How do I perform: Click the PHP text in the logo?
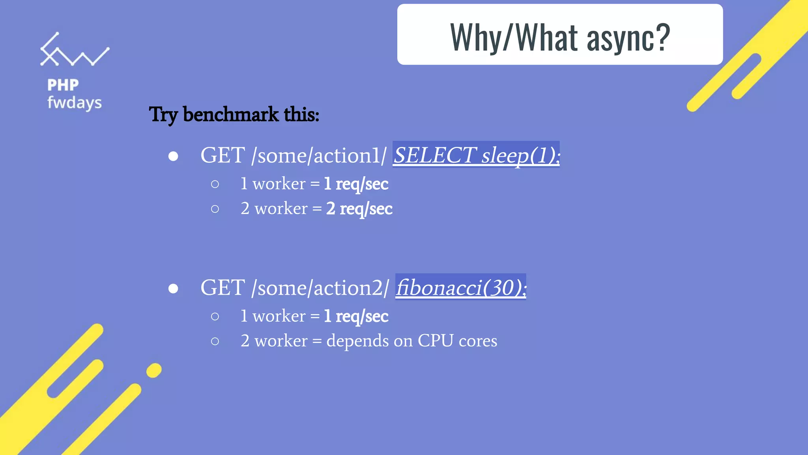[63, 85]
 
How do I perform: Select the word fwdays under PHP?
[75, 103]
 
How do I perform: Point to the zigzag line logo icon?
[74, 50]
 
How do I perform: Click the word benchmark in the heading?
[231, 115]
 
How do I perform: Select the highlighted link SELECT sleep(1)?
[476, 155]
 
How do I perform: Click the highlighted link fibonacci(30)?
[461, 287]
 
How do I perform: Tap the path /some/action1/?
[319, 155]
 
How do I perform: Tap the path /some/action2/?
[320, 288]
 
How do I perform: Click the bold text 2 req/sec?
[359, 209]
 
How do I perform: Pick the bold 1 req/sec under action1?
[356, 184]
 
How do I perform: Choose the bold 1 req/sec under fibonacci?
[356, 316]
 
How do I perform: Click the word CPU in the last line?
[435, 340]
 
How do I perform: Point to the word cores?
[478, 340]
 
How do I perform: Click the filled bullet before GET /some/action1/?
[173, 156]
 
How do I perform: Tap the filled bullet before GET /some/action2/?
[173, 289]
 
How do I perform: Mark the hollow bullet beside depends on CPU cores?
[215, 341]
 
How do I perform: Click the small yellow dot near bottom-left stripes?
[154, 370]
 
